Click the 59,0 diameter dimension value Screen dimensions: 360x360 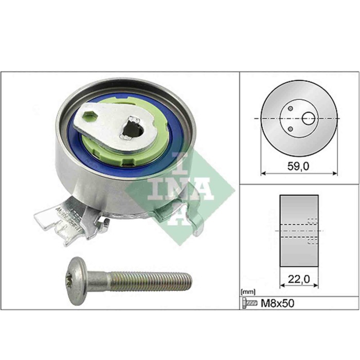pyautogui.click(x=299, y=166)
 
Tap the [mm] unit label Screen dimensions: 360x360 pyautogui.click(x=247, y=292)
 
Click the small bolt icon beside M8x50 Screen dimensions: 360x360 pyautogui.click(x=249, y=303)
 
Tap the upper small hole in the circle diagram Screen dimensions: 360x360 pyautogui.click(x=291, y=109)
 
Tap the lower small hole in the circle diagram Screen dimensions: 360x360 pyautogui.click(x=291, y=128)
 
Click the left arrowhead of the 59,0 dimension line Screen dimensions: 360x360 pyautogui.click(x=263, y=173)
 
